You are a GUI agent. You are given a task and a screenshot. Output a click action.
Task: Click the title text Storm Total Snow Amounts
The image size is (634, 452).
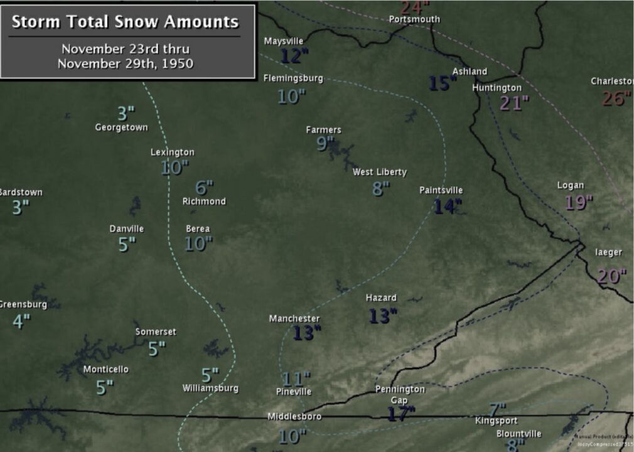pos(126,22)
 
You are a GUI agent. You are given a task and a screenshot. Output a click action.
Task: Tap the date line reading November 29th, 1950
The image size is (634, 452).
pos(126,63)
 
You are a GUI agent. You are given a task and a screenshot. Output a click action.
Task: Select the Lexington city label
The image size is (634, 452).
pos(173,152)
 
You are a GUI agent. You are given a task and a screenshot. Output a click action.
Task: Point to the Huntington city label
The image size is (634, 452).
pos(497,88)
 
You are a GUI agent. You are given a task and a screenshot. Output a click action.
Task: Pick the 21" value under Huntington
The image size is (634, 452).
pos(514,103)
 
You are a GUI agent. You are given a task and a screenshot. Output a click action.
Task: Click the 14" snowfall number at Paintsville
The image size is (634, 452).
pos(448,206)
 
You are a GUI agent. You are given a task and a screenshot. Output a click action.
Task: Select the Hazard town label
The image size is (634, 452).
pos(381,298)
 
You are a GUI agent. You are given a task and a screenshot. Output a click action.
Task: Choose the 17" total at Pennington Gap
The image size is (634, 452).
pos(401,413)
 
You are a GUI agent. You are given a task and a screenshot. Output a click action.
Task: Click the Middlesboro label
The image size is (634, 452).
pos(294,416)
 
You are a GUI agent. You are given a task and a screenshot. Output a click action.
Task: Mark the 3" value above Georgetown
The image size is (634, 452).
pos(126,114)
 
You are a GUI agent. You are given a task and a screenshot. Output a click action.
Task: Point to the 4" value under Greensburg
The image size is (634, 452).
pos(21,321)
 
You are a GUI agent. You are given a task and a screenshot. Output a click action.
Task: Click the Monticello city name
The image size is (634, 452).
pos(106,369)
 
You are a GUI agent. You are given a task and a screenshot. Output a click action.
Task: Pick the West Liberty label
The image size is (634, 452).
pos(380,172)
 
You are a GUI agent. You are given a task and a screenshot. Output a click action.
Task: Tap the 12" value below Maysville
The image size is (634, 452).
pos(294,56)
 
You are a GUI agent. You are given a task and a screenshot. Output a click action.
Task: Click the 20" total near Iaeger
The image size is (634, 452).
pos(611,276)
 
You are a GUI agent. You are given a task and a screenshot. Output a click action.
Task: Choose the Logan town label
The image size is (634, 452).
pos(571,185)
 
